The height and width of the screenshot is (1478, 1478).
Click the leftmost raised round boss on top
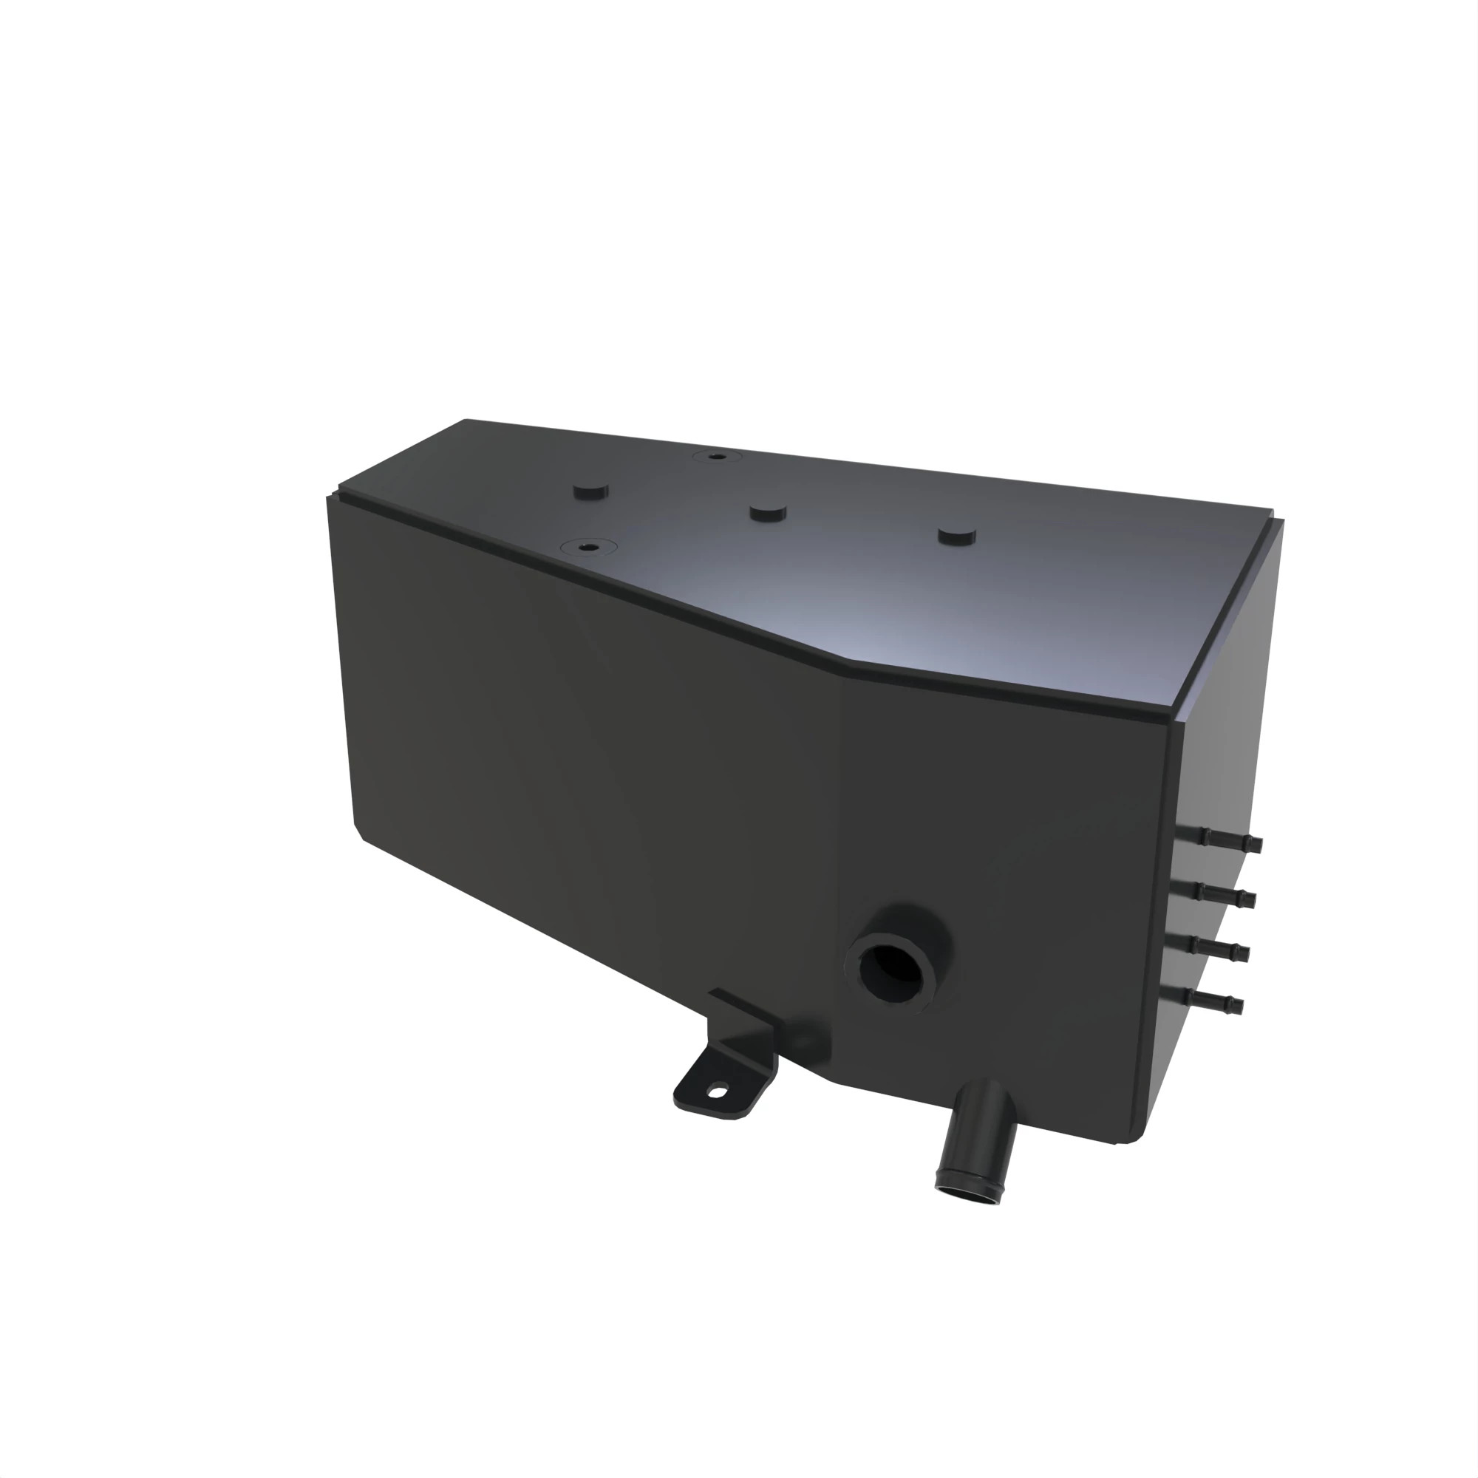coord(589,490)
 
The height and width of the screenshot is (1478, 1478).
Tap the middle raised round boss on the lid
coord(768,512)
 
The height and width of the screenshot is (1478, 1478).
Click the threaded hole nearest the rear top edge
coord(717,457)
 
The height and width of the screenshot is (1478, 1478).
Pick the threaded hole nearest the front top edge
coord(588,547)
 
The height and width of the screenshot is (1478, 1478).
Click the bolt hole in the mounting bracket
coord(715,1092)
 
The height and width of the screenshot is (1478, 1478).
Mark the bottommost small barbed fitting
coord(1210,999)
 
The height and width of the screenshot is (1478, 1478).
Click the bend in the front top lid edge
coord(842,673)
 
